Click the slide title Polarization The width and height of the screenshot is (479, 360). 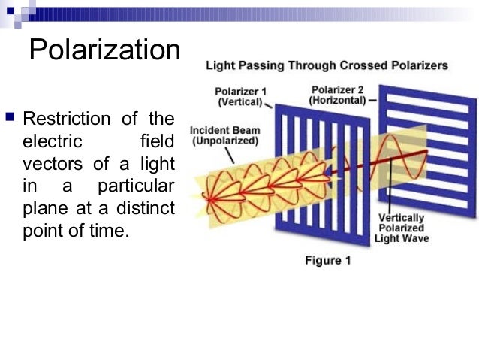(104, 50)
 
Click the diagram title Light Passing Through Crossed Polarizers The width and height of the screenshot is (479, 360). (327, 65)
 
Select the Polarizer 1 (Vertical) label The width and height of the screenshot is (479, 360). (239, 97)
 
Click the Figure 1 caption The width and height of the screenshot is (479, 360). (327, 261)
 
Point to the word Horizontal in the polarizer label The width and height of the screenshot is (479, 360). (337, 100)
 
